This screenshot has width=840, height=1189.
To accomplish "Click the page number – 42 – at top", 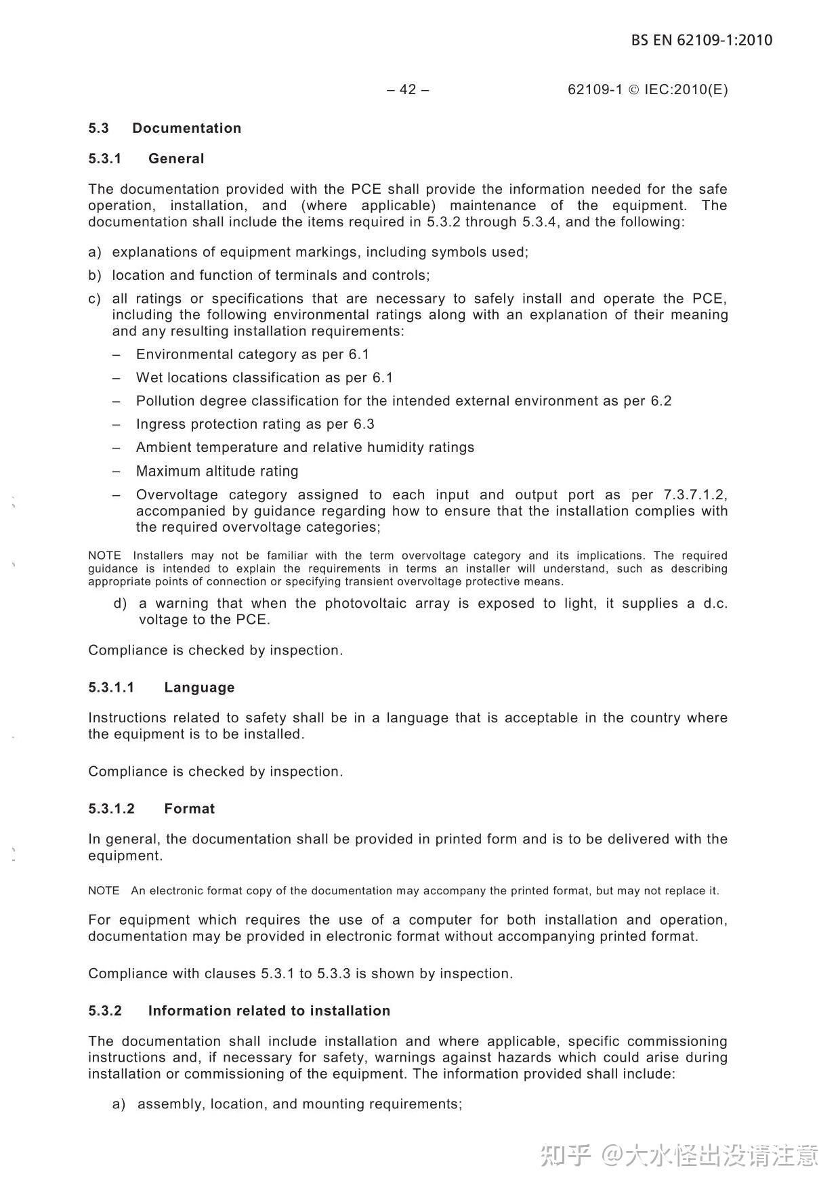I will (408, 89).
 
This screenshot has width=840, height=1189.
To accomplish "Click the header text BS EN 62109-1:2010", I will (701, 40).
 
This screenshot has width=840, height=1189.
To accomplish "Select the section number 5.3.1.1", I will (111, 687).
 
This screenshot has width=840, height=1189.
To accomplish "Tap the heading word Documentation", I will (186, 128).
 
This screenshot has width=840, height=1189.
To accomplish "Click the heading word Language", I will (199, 687).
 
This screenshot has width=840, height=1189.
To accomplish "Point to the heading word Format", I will (189, 808).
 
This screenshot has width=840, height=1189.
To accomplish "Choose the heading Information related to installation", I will (269, 1010).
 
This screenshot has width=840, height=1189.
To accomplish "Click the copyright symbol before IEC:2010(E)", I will (633, 89).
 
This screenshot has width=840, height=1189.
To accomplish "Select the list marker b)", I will (94, 275).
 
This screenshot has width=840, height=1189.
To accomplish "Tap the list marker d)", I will (120, 603).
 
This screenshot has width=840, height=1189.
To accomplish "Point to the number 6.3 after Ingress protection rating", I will (364, 424).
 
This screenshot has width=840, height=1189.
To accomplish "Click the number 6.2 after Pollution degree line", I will (661, 400).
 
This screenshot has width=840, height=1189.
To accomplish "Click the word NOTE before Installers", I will (104, 556).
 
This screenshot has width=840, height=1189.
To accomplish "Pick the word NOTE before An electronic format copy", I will (104, 890).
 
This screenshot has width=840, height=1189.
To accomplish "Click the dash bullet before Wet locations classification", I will (117, 377).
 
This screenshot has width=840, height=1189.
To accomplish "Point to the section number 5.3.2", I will (105, 1010).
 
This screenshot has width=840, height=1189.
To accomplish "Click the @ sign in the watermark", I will (612, 1154).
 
